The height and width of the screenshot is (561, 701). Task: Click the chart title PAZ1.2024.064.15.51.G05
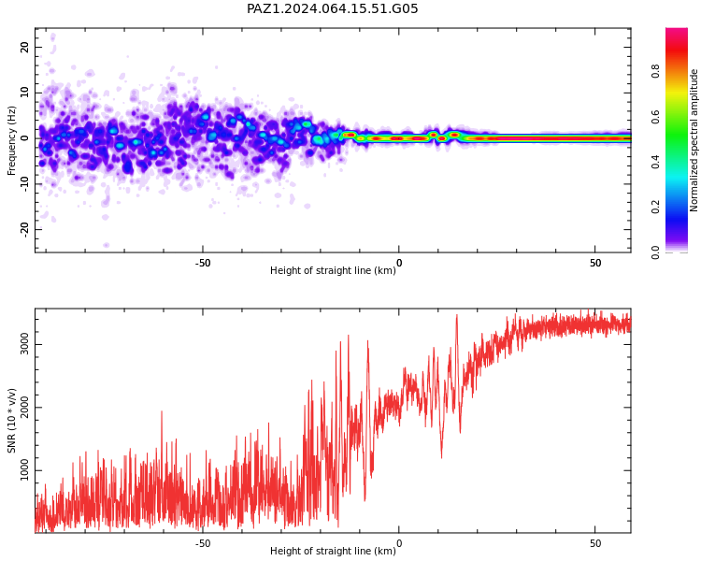pyautogui.click(x=332, y=8)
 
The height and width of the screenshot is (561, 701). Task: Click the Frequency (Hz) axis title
pyautogui.click(x=11, y=140)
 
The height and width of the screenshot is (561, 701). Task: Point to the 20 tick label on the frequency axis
pyautogui.click(x=24, y=47)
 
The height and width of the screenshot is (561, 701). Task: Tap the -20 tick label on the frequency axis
pyautogui.click(x=24, y=230)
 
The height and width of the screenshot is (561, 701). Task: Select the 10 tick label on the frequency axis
pyautogui.click(x=24, y=93)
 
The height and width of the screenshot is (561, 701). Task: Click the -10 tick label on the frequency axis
pyautogui.click(x=24, y=185)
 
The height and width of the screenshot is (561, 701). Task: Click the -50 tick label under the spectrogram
pyautogui.click(x=203, y=263)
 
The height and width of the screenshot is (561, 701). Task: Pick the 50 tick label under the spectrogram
pyautogui.click(x=595, y=263)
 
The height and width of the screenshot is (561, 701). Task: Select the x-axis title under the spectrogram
pyautogui.click(x=333, y=270)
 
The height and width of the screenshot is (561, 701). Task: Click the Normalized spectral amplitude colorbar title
pyautogui.click(x=694, y=140)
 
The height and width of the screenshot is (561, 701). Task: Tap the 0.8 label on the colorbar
pyautogui.click(x=655, y=71)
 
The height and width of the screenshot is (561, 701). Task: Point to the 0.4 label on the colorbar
pyautogui.click(x=655, y=162)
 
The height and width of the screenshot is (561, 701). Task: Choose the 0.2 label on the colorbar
pyautogui.click(x=655, y=207)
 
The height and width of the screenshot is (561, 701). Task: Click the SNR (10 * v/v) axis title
pyautogui.click(x=11, y=421)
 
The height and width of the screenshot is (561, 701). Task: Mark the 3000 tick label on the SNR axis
pyautogui.click(x=24, y=344)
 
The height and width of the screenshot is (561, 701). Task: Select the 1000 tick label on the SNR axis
pyautogui.click(x=24, y=470)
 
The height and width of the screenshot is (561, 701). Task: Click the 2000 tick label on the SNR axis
pyautogui.click(x=24, y=407)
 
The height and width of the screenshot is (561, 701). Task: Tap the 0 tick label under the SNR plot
pyautogui.click(x=399, y=543)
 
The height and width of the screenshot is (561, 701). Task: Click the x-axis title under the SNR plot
pyautogui.click(x=333, y=551)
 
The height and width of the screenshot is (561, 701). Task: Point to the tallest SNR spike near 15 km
pyautogui.click(x=456, y=315)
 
